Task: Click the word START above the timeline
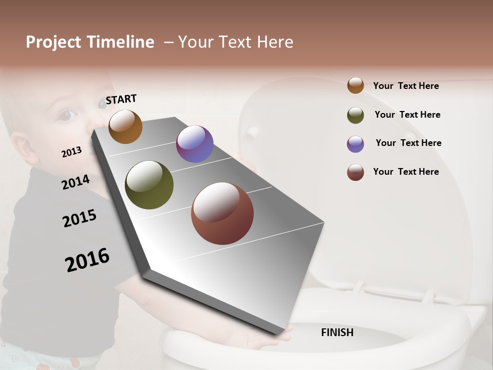[121, 99]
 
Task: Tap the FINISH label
[337, 332]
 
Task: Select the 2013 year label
[71, 152]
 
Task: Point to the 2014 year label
[75, 182]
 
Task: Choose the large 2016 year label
[87, 260]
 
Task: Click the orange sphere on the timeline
[125, 126]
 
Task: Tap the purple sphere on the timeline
[195, 144]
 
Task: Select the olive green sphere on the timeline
[149, 185]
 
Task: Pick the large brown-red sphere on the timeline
[222, 213]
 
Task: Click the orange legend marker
[355, 85]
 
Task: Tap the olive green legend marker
[355, 115]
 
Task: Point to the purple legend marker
[355, 144]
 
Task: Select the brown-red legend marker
[355, 172]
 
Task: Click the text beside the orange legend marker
[406, 86]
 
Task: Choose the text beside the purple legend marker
[408, 143]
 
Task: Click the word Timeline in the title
[121, 42]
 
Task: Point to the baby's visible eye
[65, 115]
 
